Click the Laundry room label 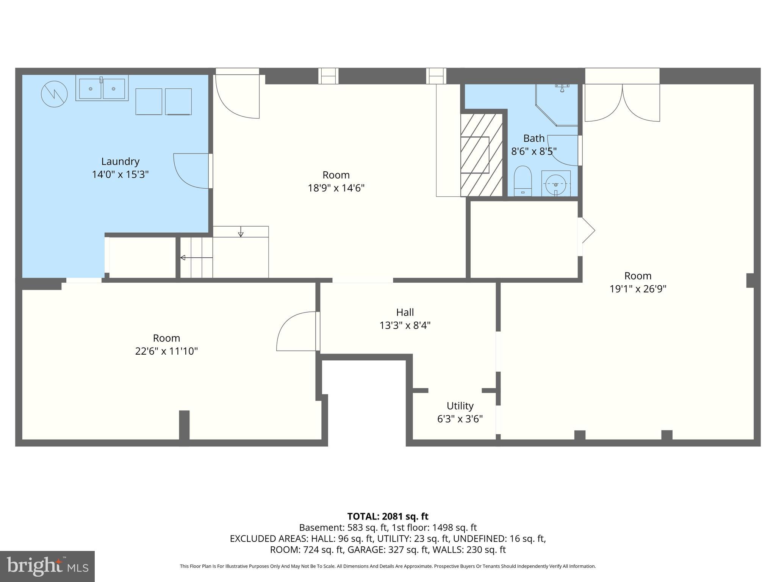(x=120, y=161)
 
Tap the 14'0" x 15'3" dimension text (x=120, y=175)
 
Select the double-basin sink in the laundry (x=102, y=88)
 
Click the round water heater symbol (x=54, y=94)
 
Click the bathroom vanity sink (x=555, y=184)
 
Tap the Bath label (x=533, y=138)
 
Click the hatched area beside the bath (x=481, y=155)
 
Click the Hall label (x=405, y=312)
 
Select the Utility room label (x=460, y=406)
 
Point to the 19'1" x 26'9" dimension (x=638, y=289)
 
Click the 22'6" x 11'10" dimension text (x=166, y=351)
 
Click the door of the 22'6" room (x=297, y=332)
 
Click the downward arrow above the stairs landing (x=241, y=232)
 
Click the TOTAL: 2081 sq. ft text (x=388, y=516)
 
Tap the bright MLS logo (x=47, y=566)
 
